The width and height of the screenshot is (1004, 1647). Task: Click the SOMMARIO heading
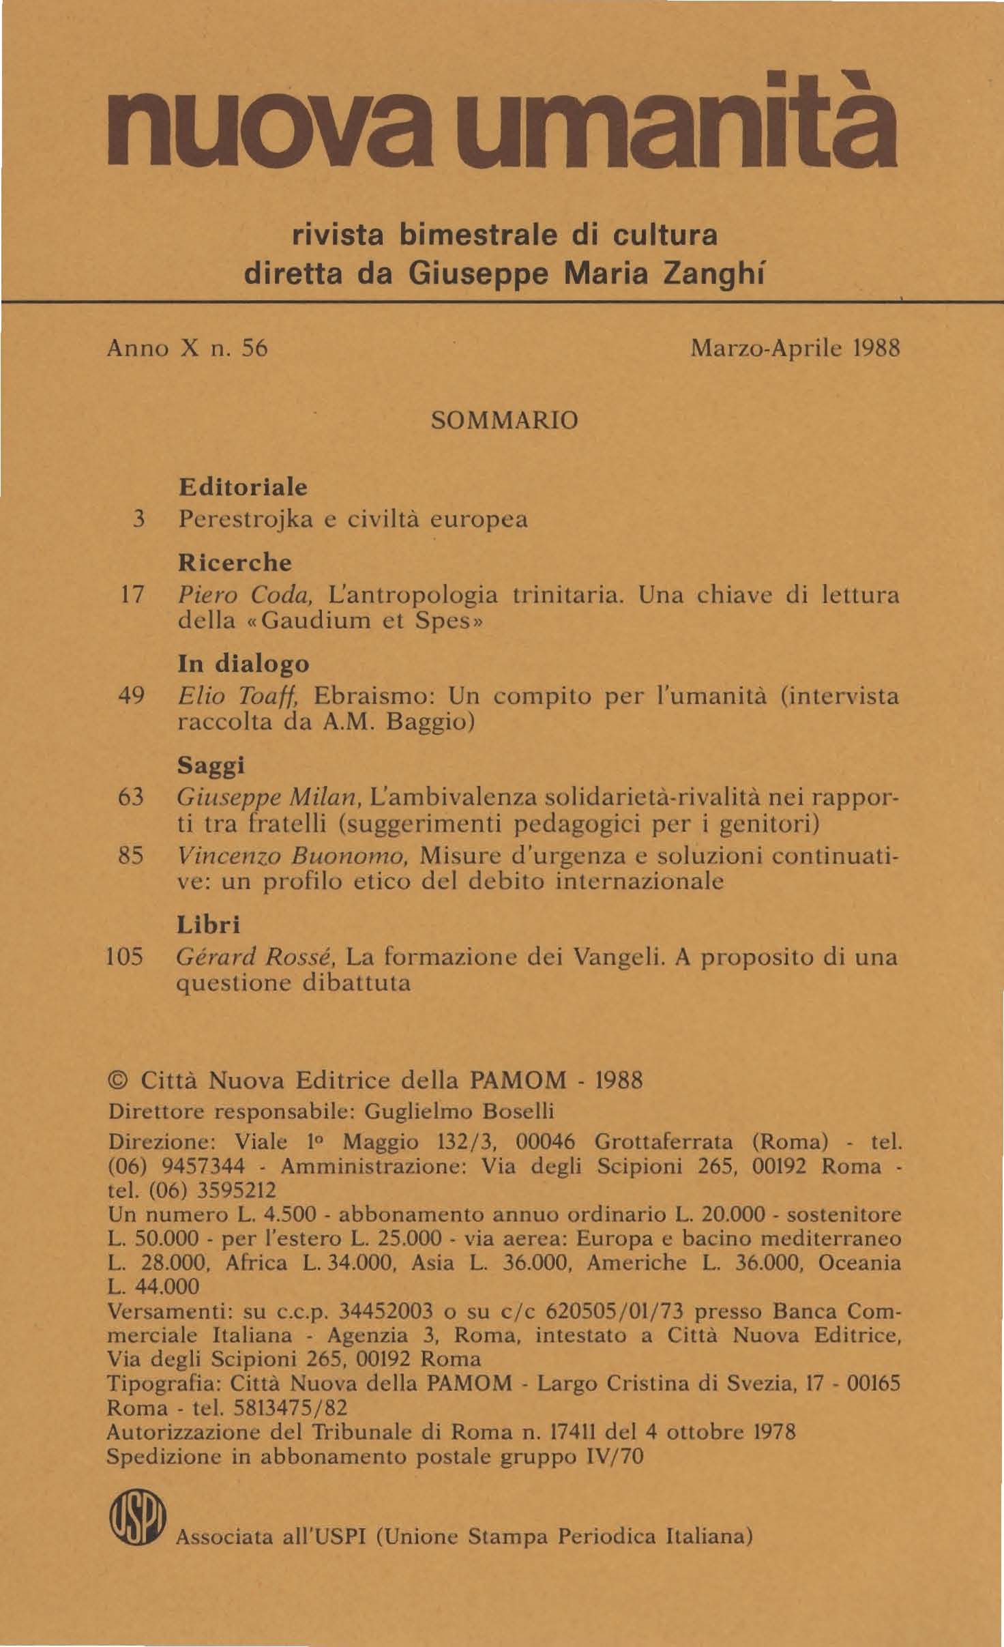(x=505, y=420)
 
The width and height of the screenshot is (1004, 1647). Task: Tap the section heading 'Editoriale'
(x=243, y=488)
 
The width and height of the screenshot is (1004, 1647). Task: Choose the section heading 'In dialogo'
(x=243, y=664)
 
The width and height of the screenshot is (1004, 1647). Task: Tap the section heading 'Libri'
(x=209, y=924)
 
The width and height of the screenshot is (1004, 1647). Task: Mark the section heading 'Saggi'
(x=211, y=766)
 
